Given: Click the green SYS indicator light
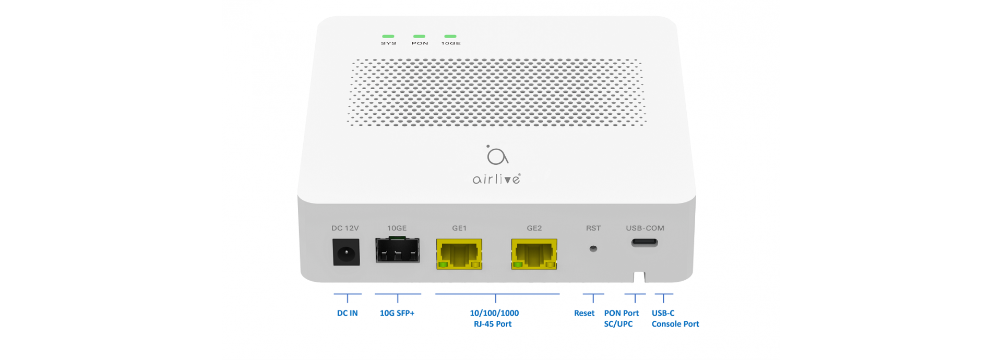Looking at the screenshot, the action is click(388, 37).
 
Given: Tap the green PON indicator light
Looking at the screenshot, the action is click(419, 37).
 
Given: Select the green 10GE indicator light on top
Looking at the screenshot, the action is click(450, 37).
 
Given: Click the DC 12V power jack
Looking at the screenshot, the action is click(346, 253).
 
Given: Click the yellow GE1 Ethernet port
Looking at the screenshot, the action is click(459, 254).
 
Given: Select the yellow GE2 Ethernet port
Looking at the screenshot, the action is click(534, 254).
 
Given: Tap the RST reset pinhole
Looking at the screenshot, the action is click(593, 249).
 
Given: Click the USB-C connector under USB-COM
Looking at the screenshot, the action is click(645, 243).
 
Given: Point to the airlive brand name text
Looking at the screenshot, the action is click(496, 179).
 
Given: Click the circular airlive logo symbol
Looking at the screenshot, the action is click(496, 155).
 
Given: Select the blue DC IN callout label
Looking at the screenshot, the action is click(348, 313).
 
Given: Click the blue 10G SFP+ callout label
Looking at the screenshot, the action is click(397, 313).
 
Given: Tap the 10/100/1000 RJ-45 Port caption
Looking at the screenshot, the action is click(494, 318).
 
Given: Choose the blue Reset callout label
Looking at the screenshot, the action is click(584, 313).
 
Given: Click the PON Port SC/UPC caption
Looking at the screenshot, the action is click(621, 318).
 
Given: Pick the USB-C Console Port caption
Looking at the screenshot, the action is click(675, 318).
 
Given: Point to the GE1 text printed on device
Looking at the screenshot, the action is click(459, 228).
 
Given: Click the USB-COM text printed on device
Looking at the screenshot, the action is click(645, 228).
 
